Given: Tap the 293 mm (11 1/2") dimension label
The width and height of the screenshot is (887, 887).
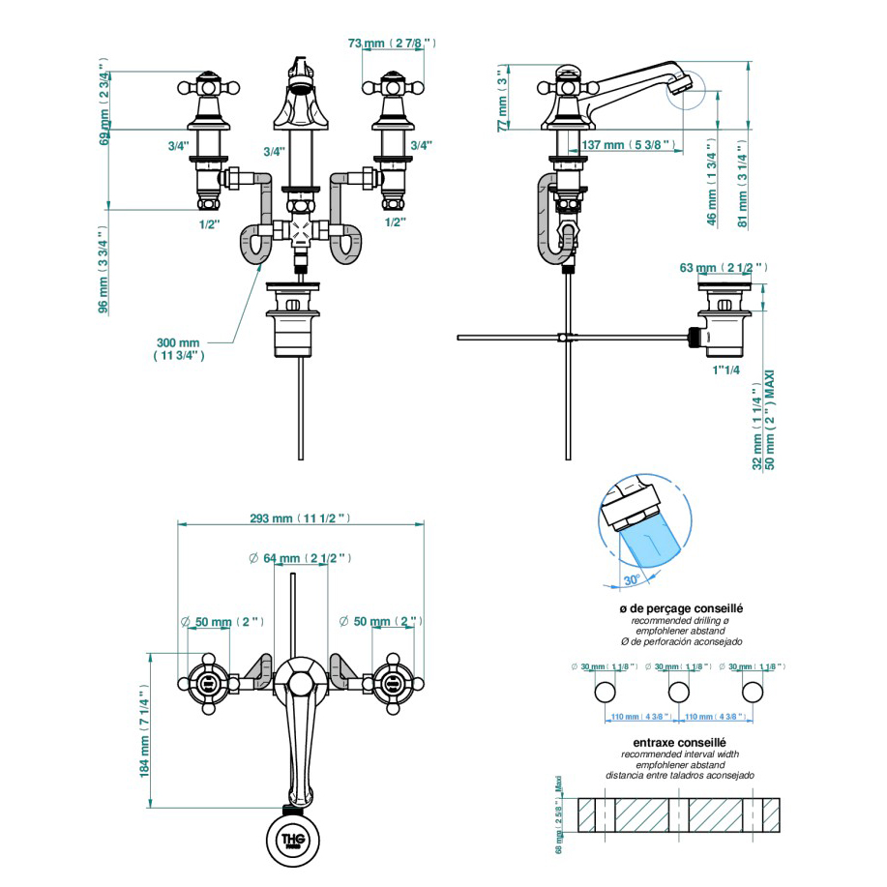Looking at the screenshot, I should point(300,518).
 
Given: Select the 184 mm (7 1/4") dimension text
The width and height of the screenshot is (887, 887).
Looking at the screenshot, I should point(145,730).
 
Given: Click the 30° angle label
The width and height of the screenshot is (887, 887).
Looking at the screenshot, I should point(632,580).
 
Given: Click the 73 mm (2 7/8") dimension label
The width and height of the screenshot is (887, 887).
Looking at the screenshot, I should point(391,44).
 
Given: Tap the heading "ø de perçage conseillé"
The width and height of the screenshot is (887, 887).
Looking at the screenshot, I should point(681,608).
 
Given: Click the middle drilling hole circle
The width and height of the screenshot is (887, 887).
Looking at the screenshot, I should point(678,692).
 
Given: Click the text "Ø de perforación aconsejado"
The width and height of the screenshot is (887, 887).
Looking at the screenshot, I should point(680,642).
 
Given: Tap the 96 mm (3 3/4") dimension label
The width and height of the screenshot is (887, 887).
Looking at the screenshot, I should point(103,270).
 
